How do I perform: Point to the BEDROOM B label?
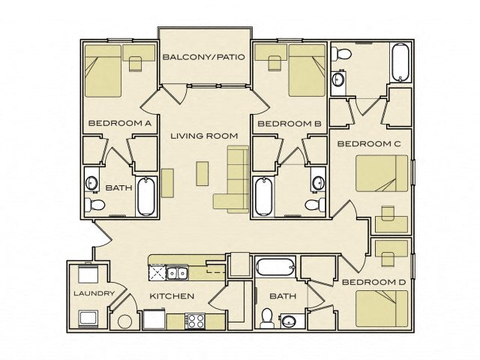(x=289, y=123)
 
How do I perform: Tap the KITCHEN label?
(x=172, y=296)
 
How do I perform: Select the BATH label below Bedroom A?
(x=115, y=188)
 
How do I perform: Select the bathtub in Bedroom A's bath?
(x=147, y=197)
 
